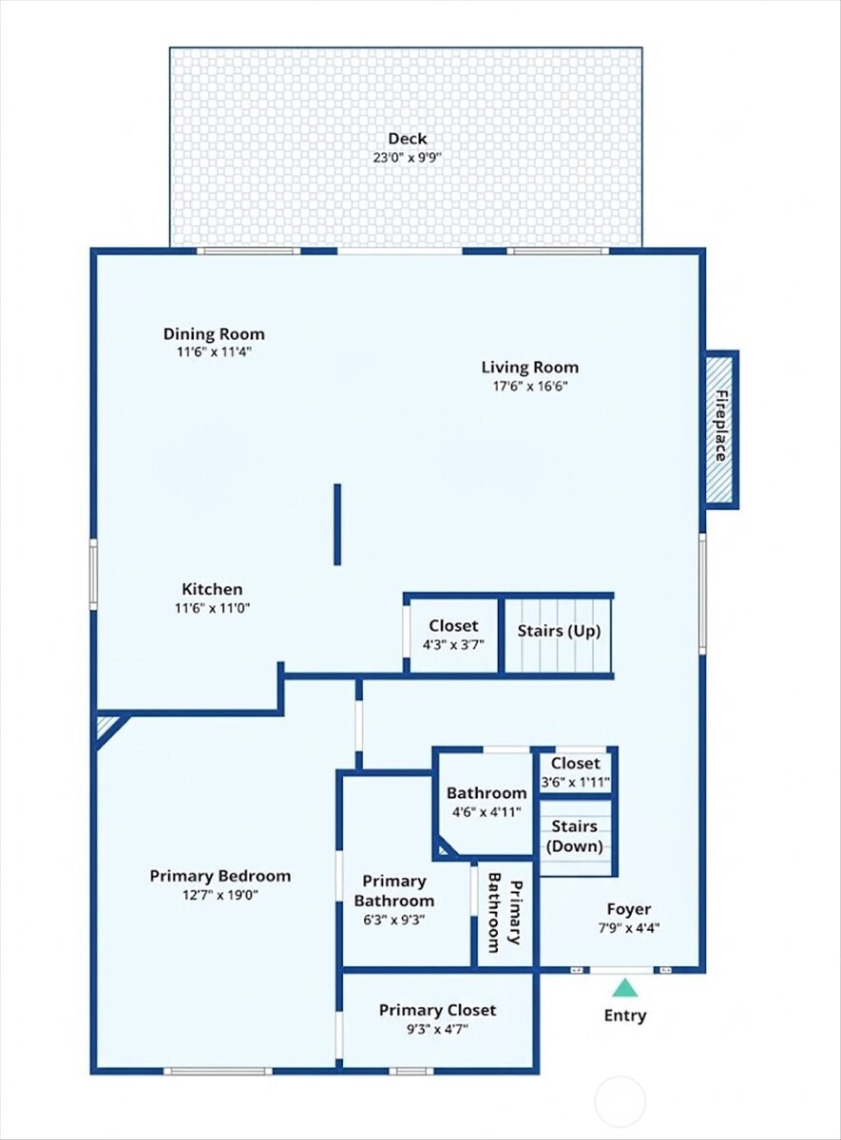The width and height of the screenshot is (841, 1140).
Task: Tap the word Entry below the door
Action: (x=625, y=1016)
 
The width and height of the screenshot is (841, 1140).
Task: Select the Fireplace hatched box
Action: (x=720, y=429)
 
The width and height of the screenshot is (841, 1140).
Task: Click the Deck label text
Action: (x=407, y=139)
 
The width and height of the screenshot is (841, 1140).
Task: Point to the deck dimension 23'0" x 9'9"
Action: (x=407, y=158)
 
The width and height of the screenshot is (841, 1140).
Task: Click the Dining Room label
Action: (x=214, y=334)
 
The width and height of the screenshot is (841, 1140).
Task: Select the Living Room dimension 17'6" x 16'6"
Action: (x=529, y=386)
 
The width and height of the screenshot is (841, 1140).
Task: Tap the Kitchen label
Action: (x=212, y=589)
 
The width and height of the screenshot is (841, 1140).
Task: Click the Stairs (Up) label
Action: (x=558, y=631)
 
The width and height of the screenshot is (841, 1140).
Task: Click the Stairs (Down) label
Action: (x=575, y=837)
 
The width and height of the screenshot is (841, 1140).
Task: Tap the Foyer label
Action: (x=629, y=909)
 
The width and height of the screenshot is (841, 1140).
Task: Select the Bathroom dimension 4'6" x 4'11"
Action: (x=487, y=811)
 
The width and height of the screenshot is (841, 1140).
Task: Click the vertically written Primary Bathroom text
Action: (x=505, y=912)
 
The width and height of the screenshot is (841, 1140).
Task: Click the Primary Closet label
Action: (x=437, y=1010)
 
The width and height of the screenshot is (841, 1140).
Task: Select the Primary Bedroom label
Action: (x=220, y=876)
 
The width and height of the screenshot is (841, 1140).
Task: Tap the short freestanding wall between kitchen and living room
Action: (x=337, y=524)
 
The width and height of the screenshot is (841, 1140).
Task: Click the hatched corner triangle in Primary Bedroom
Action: (x=106, y=729)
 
